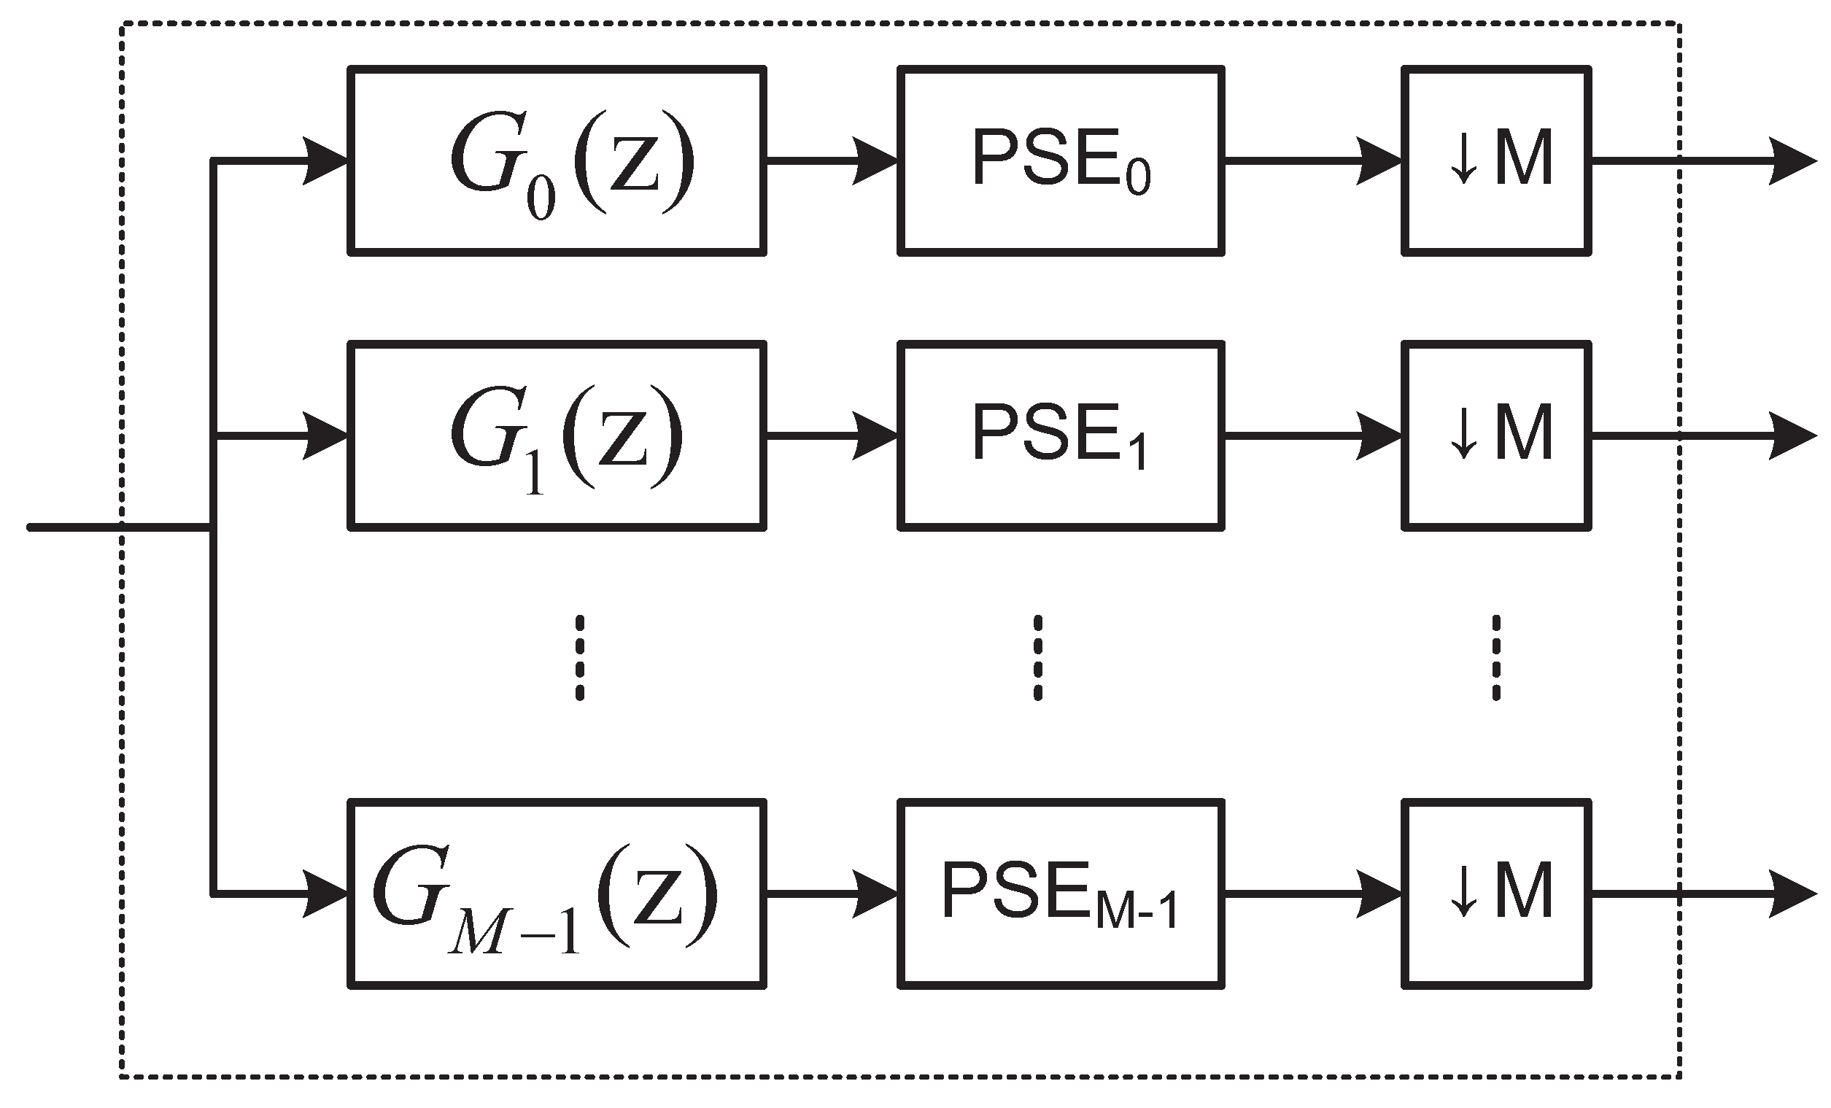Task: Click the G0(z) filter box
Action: coord(557,161)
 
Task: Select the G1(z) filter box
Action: coord(557,436)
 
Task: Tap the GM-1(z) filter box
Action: coord(557,894)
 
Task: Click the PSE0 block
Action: coord(1061,161)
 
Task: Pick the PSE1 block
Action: coord(1061,436)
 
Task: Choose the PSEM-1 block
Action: coord(1061,894)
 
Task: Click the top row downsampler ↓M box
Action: coord(1497,161)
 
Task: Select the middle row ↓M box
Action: coord(1497,436)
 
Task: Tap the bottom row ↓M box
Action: coord(1497,894)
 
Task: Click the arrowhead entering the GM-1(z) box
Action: coord(327,894)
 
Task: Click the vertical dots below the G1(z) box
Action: coord(580,658)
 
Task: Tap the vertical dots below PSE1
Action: coord(1038,658)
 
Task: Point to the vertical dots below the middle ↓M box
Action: coord(1496,658)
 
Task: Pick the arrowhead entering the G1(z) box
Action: coord(327,435)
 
